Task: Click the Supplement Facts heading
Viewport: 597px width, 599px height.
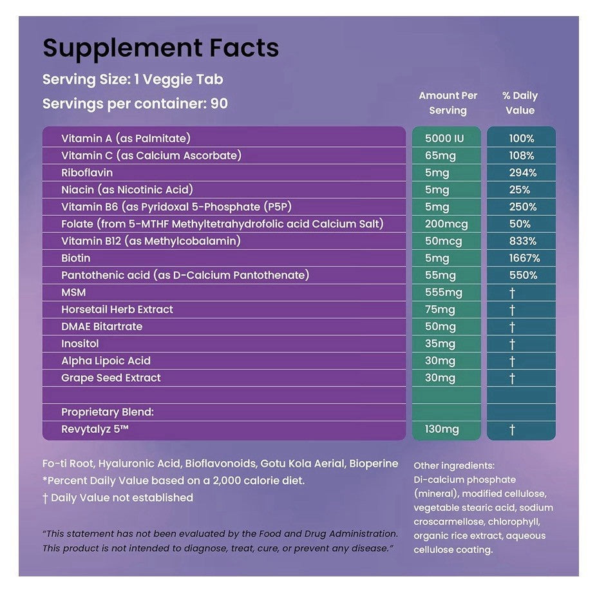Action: point(161,48)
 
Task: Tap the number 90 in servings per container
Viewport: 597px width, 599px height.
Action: point(219,104)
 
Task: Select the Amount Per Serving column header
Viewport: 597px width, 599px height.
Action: point(448,103)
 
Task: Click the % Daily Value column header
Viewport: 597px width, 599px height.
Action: point(520,103)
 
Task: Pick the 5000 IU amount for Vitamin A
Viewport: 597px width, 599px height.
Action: point(444,138)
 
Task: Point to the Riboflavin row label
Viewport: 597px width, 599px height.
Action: point(87,173)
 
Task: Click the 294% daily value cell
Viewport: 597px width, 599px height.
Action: point(522,173)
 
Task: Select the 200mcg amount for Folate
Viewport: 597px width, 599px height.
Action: point(446,224)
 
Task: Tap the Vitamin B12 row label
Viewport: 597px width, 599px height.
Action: point(151,241)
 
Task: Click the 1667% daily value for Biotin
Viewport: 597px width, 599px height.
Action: point(524,258)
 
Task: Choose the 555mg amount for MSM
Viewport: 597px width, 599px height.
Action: point(444,292)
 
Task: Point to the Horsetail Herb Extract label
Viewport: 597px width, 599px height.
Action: point(117,309)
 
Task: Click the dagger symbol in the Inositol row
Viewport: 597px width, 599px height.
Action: point(512,344)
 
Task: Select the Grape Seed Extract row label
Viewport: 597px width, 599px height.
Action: point(111,378)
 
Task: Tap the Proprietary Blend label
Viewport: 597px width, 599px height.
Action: point(108,412)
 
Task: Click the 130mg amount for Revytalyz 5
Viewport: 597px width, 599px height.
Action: point(442,430)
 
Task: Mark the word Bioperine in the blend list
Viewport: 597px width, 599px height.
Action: point(374,463)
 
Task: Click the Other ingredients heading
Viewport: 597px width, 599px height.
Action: point(454,466)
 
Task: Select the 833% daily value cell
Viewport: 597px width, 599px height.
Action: point(522,241)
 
